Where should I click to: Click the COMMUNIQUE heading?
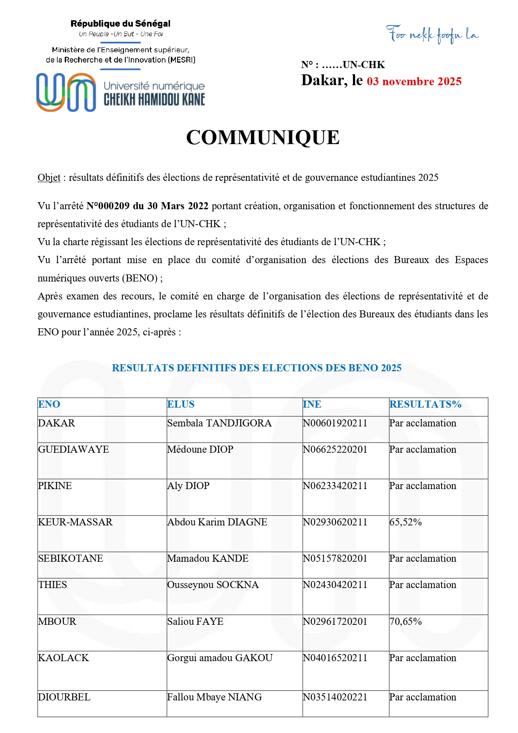point(262,137)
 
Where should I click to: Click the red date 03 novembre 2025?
point(414,81)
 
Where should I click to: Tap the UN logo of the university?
point(66,92)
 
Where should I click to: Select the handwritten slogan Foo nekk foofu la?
point(432,34)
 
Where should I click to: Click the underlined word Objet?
point(49,178)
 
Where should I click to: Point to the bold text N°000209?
point(108,206)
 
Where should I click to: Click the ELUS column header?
point(180,404)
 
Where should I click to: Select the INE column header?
point(312,404)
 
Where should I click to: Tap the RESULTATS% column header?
point(425,404)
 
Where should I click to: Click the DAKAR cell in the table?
point(56,423)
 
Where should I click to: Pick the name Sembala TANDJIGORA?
point(219,423)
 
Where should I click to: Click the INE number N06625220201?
point(335,449)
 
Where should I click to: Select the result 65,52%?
point(405,522)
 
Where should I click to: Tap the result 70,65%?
point(405,621)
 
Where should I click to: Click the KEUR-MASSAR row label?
point(75,522)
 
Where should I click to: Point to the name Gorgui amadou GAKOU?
point(219,658)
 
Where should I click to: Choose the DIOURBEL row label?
point(64,697)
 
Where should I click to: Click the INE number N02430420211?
point(335,585)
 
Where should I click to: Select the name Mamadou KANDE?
point(208,558)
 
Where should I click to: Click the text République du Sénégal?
point(120,24)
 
